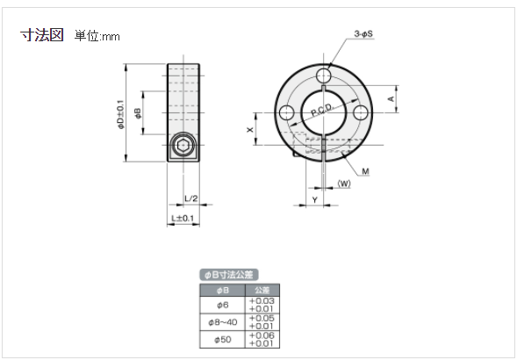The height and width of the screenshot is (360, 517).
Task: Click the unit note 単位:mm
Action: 97,36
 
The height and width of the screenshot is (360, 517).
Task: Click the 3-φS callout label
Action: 363,33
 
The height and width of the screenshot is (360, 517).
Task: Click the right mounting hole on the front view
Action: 361,113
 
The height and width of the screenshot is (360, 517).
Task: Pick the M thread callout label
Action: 363,170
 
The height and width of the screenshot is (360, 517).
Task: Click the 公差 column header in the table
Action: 261,290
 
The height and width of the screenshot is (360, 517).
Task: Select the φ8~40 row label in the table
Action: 222,320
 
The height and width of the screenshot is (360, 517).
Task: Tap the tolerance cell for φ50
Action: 261,339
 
